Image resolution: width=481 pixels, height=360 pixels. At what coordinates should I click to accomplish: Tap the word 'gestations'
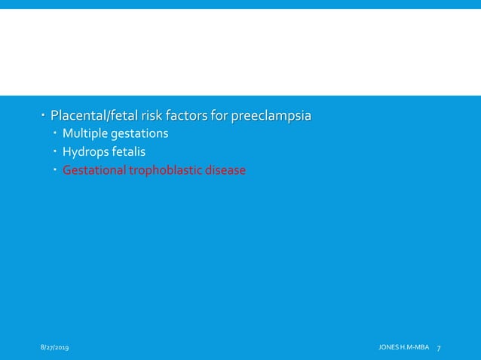click(139, 135)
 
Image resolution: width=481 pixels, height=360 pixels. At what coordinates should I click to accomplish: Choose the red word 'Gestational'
click(94, 170)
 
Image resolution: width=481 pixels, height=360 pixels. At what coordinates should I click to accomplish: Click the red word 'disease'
click(225, 170)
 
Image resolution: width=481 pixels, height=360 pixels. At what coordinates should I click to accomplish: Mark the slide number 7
click(439, 346)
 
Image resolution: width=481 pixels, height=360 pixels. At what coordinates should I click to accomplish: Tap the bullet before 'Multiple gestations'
click(56, 134)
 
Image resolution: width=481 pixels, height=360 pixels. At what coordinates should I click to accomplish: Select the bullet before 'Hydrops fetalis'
click(56, 152)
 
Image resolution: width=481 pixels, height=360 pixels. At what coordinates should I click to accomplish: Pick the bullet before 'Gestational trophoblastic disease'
click(56, 170)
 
